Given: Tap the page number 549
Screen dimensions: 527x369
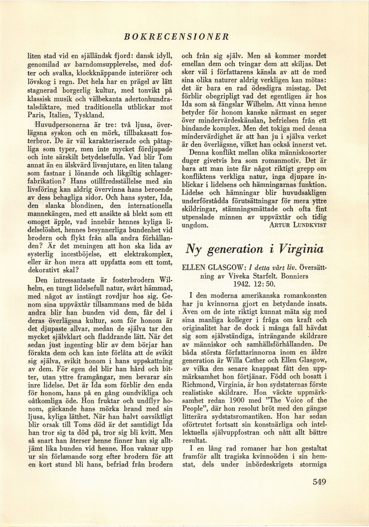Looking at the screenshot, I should [319, 482].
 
